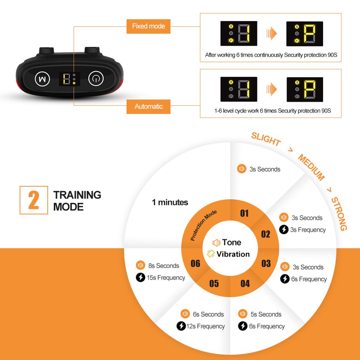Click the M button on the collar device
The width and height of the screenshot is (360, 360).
coord(42,79)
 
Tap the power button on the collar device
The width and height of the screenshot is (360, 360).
coord(96,79)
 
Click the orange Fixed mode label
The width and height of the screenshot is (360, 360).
coord(148,26)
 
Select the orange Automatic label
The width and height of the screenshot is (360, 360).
coord(148,107)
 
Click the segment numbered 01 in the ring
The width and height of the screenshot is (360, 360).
coord(244,213)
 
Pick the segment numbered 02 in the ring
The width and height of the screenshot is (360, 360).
coord(266,234)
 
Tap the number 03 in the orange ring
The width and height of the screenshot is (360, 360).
coord(266,263)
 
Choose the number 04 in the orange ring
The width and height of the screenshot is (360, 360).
coord(245,284)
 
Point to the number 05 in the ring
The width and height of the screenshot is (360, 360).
coord(214,284)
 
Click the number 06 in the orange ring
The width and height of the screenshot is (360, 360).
coord(195,263)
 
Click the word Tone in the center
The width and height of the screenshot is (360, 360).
coord(231,242)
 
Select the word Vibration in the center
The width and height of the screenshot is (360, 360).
coord(233,254)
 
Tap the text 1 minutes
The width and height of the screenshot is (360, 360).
coord(170,202)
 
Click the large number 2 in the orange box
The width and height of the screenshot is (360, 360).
coord(34,200)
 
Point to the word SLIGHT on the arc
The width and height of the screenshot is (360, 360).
coord(266,139)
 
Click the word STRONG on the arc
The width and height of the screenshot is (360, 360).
coord(339,214)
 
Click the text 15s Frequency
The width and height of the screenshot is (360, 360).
coord(166,278)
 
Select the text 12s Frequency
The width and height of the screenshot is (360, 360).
coord(205,326)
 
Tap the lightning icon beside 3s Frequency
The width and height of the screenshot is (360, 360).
coord(284,230)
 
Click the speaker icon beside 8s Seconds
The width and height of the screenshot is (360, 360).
coord(140,265)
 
